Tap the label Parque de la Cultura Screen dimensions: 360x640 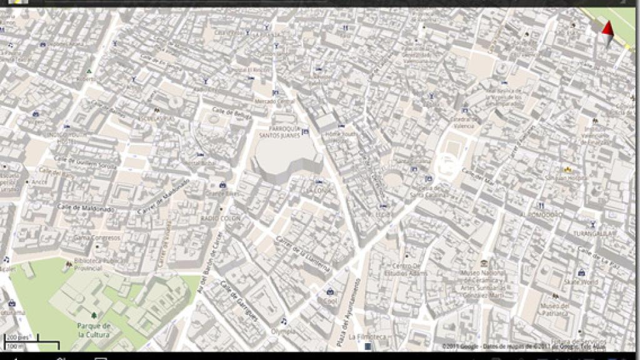pyautogui.click(x=94, y=330)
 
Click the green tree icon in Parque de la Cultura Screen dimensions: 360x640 pyautogui.click(x=94, y=316)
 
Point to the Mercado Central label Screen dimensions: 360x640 pyautogui.click(x=274, y=101)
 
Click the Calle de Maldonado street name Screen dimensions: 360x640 pyautogui.click(x=86, y=209)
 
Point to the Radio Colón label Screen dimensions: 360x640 pyautogui.click(x=220, y=218)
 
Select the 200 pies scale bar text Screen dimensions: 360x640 pyautogui.click(x=19, y=337)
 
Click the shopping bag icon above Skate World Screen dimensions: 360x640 pyautogui.click(x=581, y=272)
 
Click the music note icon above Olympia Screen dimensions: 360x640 pyautogui.click(x=284, y=321)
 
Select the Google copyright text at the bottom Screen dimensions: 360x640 pyautogui.click(x=524, y=346)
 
